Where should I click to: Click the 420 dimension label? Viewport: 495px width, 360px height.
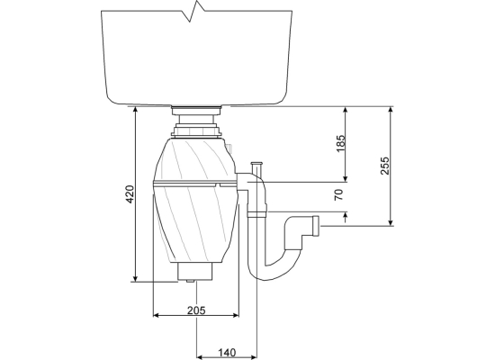[130, 194]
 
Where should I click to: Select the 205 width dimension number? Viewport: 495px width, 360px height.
[196, 310]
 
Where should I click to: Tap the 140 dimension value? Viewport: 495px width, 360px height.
[227, 352]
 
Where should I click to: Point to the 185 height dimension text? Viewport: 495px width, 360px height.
[340, 143]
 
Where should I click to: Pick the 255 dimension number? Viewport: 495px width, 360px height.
[385, 166]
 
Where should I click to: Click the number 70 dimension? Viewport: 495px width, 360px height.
[338, 194]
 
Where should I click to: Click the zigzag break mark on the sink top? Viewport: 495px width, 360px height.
[193, 12]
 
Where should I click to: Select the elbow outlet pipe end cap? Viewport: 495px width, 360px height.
[316, 226]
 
